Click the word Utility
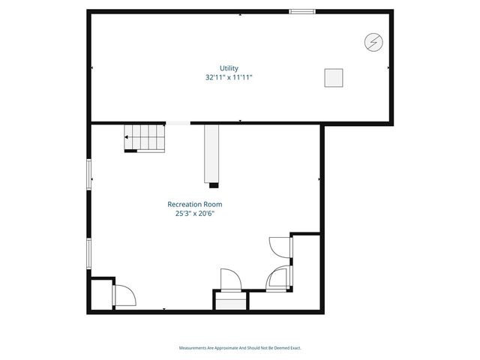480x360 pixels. [229, 68]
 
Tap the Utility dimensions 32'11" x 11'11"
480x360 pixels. [229, 77]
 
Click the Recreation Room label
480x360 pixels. [194, 204]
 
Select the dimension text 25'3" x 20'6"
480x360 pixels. [194, 213]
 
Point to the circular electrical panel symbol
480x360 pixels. [372, 42]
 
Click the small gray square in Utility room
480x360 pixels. [333, 77]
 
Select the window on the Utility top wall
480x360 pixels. [302, 11]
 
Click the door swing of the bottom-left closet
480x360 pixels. [124, 295]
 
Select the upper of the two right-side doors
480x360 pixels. [278, 247]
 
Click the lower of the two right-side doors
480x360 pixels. [278, 277]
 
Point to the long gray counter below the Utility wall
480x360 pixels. [211, 154]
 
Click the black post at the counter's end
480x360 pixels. [214, 184]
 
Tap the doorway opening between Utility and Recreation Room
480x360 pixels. [178, 122]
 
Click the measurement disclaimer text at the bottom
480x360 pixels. [240, 347]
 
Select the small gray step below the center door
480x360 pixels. [231, 301]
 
